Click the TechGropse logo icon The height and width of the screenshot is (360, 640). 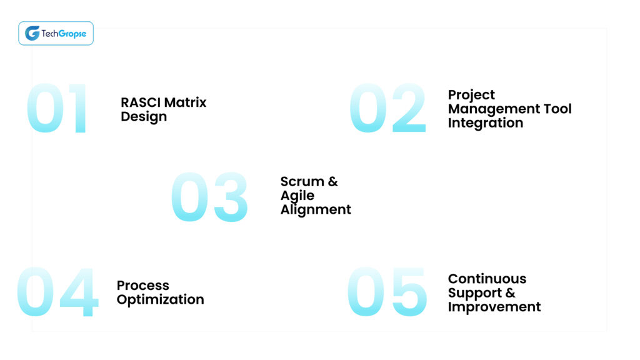(x=32, y=33)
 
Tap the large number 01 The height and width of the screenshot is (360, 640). (x=58, y=109)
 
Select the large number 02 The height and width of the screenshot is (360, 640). (x=388, y=109)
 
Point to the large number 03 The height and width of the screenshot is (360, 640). (x=209, y=197)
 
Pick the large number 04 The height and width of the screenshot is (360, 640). (x=57, y=293)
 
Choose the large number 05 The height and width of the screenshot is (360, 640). (x=387, y=292)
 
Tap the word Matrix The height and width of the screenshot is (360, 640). (x=185, y=102)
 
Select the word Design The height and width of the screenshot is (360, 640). (x=144, y=117)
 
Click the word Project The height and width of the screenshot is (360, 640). (x=471, y=96)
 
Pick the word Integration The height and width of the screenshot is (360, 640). (x=486, y=123)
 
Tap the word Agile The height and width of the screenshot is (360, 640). (x=297, y=196)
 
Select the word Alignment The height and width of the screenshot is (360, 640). (x=316, y=210)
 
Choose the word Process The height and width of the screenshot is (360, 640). (x=142, y=286)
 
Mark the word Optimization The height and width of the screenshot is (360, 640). (x=160, y=300)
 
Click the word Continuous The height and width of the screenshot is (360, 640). (x=487, y=279)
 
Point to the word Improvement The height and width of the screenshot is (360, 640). (x=494, y=307)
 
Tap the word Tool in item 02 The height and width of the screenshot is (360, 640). (x=556, y=109)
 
